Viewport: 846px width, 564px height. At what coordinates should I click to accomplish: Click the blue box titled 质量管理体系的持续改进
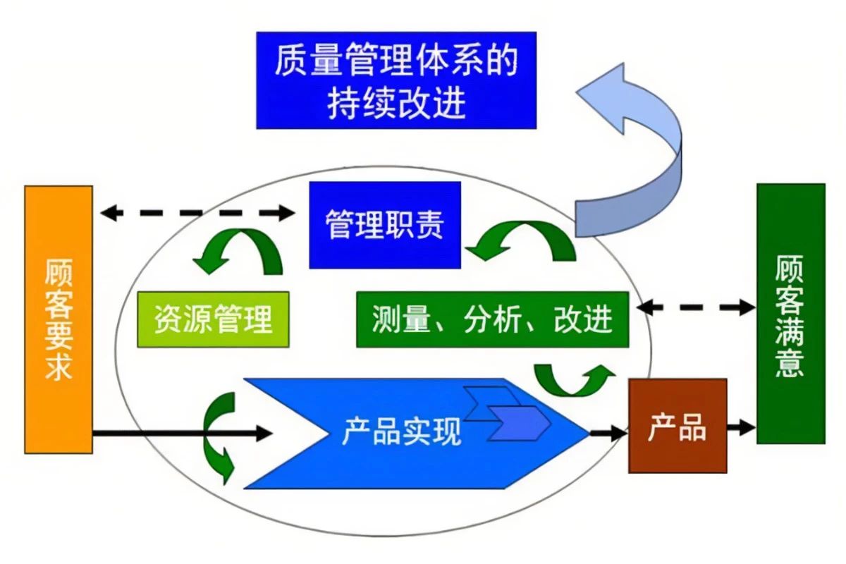[x=396, y=80]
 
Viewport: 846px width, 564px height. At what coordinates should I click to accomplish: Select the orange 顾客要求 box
[x=59, y=319]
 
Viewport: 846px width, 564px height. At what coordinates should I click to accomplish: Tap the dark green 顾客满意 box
[x=790, y=314]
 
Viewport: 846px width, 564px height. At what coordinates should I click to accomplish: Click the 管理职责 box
[x=385, y=225]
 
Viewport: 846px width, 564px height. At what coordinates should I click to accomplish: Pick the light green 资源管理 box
[x=213, y=319]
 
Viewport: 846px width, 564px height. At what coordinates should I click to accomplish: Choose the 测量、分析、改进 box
[x=492, y=319]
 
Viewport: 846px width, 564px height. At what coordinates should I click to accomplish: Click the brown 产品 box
[x=677, y=425]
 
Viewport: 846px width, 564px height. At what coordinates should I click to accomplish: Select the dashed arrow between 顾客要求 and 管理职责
[x=197, y=212]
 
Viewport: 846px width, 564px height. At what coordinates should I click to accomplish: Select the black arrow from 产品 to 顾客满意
[x=741, y=426]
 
